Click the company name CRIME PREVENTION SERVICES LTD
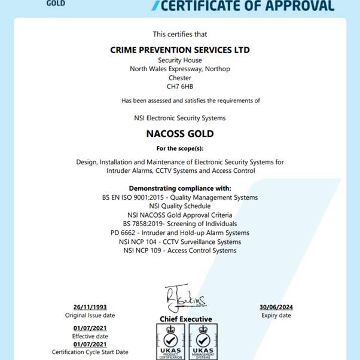[x=180, y=50]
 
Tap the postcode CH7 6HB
[x=180, y=87]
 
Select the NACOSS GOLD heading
[x=180, y=133]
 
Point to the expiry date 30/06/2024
[x=276, y=307]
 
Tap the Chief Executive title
[x=185, y=319]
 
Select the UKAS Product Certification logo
[x=170, y=341]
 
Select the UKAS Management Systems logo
[x=203, y=341]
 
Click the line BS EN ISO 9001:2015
[x=180, y=197]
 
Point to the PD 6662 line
[x=180, y=233]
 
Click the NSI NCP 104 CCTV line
[x=180, y=242]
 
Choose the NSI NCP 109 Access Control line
[x=180, y=251]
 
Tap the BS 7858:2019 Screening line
[x=180, y=224]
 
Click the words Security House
[x=180, y=60]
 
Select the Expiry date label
[x=276, y=315]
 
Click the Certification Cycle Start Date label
[x=90, y=352]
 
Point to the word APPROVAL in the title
[x=298, y=6]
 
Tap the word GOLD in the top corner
[x=56, y=3]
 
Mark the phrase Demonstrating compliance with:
[x=180, y=188]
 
